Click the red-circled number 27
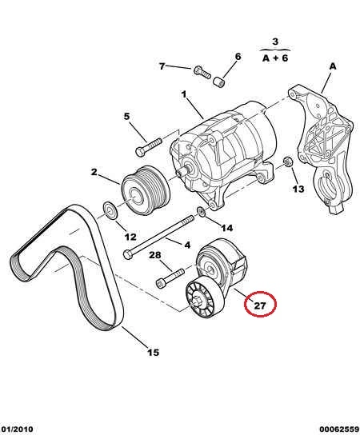click(x=260, y=305)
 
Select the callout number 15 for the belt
click(x=154, y=353)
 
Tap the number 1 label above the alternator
click(x=184, y=94)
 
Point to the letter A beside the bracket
click(x=333, y=66)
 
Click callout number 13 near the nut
click(x=298, y=189)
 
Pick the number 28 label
click(x=155, y=254)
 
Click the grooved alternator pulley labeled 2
click(x=146, y=190)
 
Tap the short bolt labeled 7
click(x=202, y=72)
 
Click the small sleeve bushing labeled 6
click(x=219, y=82)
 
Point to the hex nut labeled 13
click(x=287, y=162)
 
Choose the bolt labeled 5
click(x=149, y=147)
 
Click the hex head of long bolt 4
click(x=127, y=254)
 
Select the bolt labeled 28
click(x=170, y=278)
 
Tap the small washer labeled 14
click(x=202, y=212)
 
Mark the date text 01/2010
click(x=17, y=429)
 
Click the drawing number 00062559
click(x=339, y=429)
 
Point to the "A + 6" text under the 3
click(x=275, y=58)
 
